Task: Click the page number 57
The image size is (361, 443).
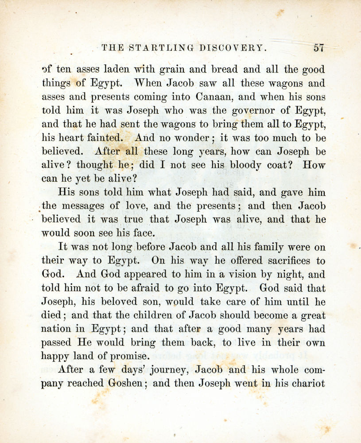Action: pos(319,48)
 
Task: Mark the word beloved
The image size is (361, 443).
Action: pos(122,302)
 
